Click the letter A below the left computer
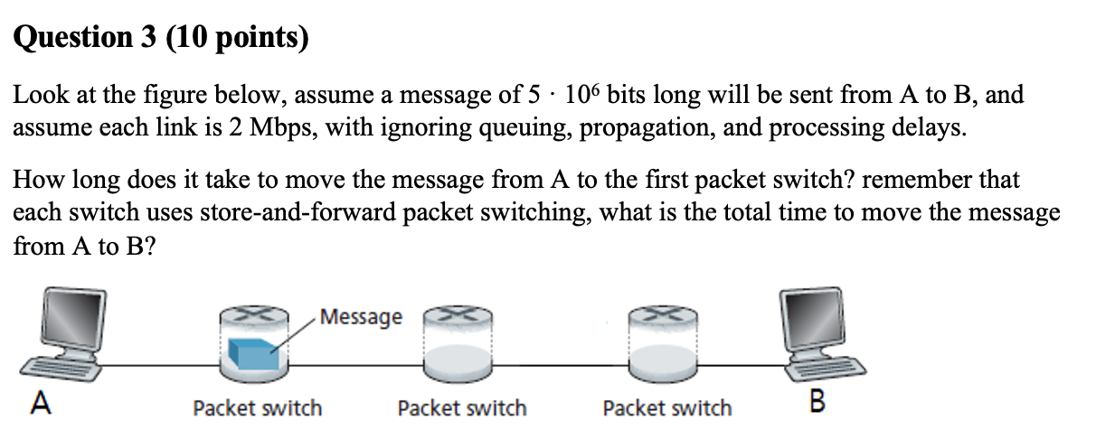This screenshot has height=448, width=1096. point(39,404)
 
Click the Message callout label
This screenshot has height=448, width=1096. point(361,317)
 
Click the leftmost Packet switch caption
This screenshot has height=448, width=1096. point(257,408)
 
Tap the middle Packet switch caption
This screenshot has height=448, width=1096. point(461,408)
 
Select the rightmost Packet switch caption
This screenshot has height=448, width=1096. point(666,408)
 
